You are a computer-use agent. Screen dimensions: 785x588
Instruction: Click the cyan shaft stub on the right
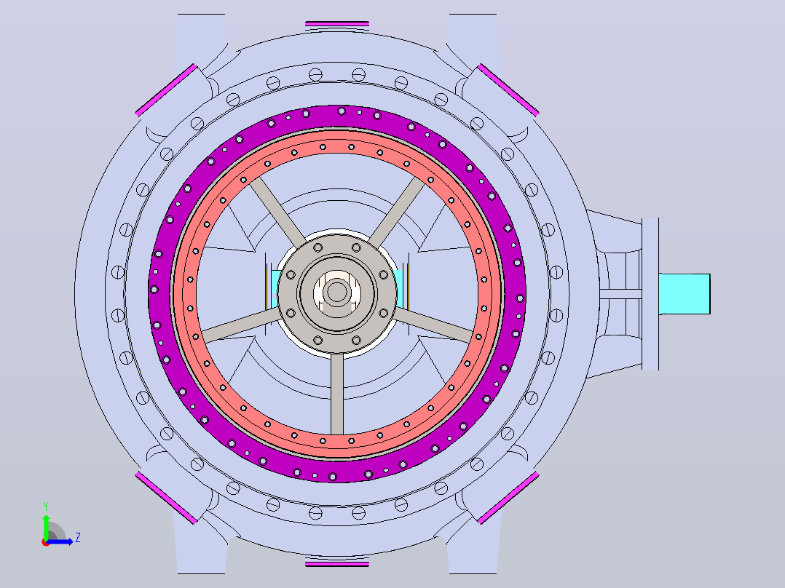685,294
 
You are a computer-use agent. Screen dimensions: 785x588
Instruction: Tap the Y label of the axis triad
46,506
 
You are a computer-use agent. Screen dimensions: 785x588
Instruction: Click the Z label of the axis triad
78,538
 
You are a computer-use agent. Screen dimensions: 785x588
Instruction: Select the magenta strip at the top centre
337,23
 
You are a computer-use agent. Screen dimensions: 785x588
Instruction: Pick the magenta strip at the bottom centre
337,564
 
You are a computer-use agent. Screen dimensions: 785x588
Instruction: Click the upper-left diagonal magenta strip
166,90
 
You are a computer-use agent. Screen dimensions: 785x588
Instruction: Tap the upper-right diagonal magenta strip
508,90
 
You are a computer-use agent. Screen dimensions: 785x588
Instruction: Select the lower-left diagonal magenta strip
166,498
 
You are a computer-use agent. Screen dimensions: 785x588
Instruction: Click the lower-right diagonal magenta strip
508,498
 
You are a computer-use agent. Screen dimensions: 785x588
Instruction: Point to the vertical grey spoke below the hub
337,394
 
